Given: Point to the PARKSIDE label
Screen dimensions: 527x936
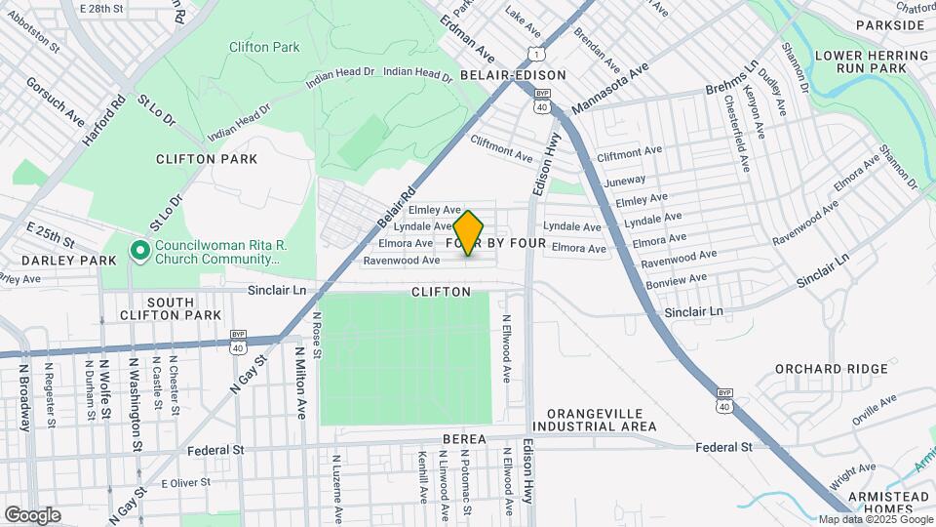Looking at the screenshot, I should (x=889, y=24).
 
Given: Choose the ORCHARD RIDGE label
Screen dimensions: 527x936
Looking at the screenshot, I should (x=832, y=369).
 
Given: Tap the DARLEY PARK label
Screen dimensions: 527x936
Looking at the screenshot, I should (x=45, y=261).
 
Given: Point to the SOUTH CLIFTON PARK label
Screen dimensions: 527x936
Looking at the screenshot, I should (x=157, y=308).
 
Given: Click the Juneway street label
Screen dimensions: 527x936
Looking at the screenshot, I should (x=625, y=181).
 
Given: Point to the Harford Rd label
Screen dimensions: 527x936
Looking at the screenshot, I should (x=104, y=120).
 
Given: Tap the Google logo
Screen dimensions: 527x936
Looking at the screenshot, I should (x=32, y=514).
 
